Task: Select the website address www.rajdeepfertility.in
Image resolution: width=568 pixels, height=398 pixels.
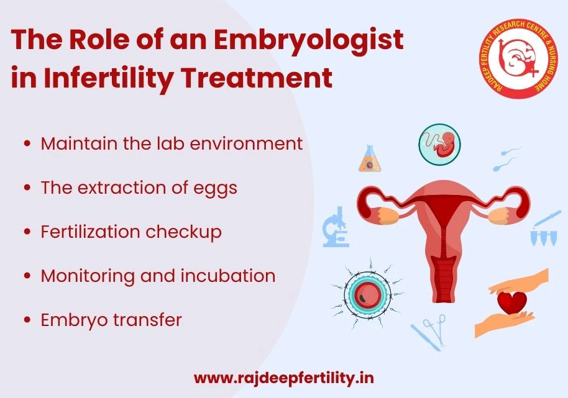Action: tap(284, 378)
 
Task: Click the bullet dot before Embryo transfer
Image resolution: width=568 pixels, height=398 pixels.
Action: tap(27, 320)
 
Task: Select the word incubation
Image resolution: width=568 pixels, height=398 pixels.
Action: tap(228, 276)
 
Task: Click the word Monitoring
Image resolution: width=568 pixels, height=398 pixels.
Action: tap(88, 276)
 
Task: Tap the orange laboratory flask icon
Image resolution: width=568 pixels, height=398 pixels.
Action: tap(368, 159)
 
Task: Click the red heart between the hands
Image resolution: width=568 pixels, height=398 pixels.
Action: tap(512, 302)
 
